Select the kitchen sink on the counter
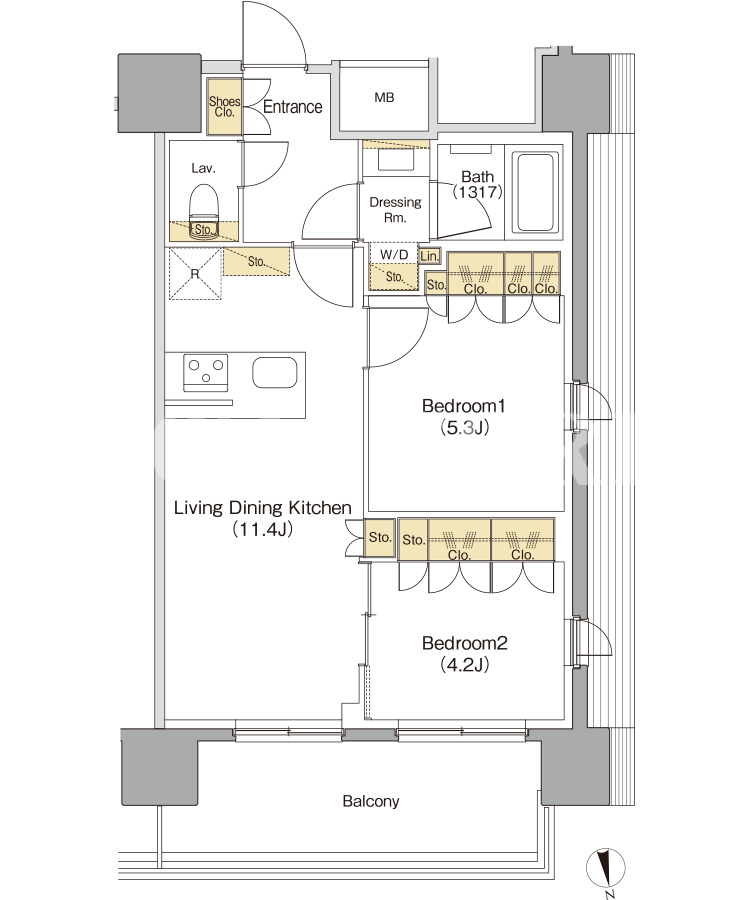pyautogui.click(x=275, y=374)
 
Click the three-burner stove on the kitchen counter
pyautogui.click(x=205, y=373)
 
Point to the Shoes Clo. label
pyautogui.click(x=224, y=107)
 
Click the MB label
pyautogui.click(x=384, y=98)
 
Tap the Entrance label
pyautogui.click(x=293, y=107)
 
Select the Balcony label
pyautogui.click(x=371, y=801)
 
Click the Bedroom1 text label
pyautogui.click(x=464, y=406)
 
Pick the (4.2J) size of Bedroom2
pyautogui.click(x=464, y=665)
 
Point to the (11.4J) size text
pyautogui.click(x=262, y=529)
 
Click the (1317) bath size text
pyautogui.click(x=477, y=192)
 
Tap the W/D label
pyautogui.click(x=394, y=254)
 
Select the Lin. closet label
pyautogui.click(x=429, y=256)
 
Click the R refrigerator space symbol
pyautogui.click(x=195, y=274)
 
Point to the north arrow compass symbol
pyautogui.click(x=605, y=868)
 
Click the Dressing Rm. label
pyautogui.click(x=395, y=210)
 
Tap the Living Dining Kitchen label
pyautogui.click(x=262, y=508)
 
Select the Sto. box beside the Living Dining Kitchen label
pyautogui.click(x=380, y=538)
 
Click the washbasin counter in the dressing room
pyautogui.click(x=396, y=157)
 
